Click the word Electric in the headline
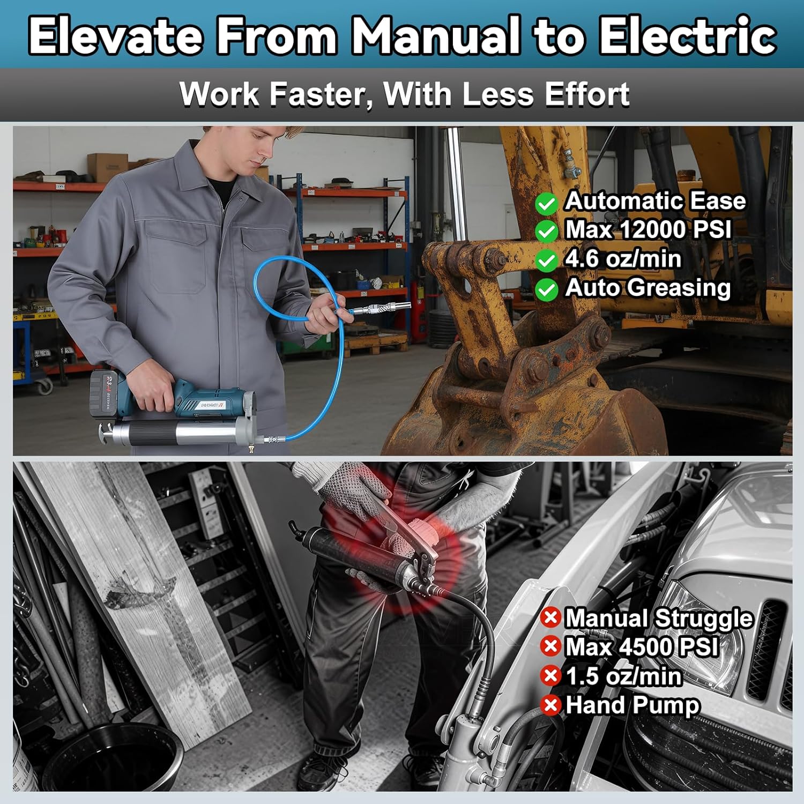coord(688,35)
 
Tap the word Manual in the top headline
coord(435,35)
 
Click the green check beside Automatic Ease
coord(546,203)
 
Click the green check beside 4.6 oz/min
coord(546,261)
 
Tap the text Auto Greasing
coord(648,287)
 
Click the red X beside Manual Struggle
coord(550,617)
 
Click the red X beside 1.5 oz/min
coord(550,675)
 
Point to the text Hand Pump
coord(632,705)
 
